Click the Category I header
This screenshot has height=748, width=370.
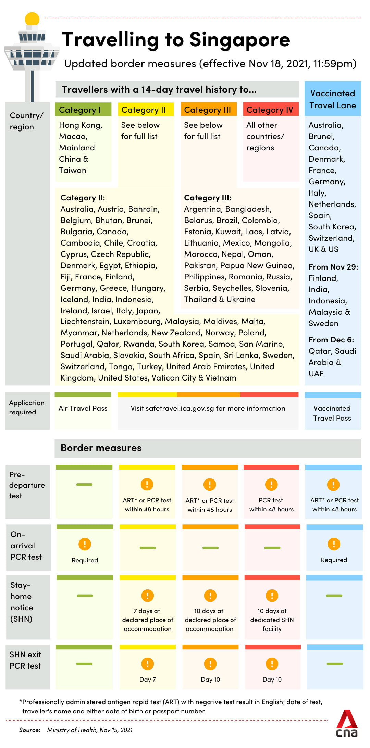tap(83, 110)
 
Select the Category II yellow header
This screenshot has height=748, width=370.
tap(146, 110)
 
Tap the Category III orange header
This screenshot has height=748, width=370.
tap(209, 110)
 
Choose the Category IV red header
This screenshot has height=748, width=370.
tap(271, 110)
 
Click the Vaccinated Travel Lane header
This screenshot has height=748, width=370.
tap(333, 99)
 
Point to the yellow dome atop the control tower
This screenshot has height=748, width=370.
tap(32, 19)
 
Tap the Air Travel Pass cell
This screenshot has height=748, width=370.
tap(83, 408)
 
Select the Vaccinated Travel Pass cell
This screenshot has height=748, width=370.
tap(332, 413)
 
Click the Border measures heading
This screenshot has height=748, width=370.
tap(101, 448)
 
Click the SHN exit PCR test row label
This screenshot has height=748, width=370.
tap(25, 660)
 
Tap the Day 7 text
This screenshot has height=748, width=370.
tap(148, 680)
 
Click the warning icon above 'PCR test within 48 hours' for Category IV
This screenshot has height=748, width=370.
tap(271, 484)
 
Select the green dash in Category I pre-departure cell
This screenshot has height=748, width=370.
tap(84, 484)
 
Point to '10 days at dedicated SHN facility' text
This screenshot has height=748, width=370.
tap(272, 620)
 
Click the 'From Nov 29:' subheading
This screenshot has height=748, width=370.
tap(333, 267)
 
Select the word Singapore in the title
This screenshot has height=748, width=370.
tap(239, 40)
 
